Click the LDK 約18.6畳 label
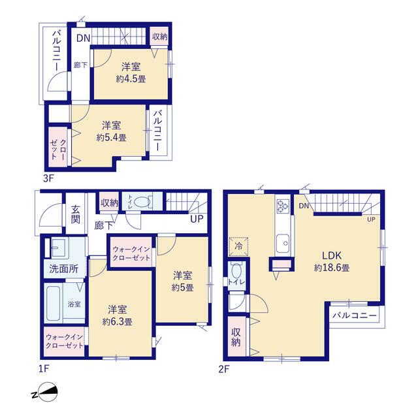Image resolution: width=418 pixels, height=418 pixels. tap(332, 261)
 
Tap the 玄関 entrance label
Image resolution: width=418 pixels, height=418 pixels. tap(76, 214)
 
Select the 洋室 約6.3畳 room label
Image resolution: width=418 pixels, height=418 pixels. tap(118, 315)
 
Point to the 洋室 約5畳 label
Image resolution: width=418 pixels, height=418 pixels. tap(183, 281)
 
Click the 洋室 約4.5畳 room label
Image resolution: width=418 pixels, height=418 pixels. tap(131, 72)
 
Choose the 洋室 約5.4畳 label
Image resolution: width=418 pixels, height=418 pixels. tap(111, 131)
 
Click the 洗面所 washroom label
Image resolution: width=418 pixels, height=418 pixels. tap(64, 269)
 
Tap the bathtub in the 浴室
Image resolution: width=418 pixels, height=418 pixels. tap(54, 302)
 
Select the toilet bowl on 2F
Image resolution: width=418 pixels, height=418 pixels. tap(236, 271)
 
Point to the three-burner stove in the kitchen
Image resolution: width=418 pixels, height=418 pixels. tap(283, 206)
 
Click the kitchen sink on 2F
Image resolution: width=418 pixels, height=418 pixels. tap(283, 243)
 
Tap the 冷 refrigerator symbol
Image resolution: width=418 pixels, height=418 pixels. tap(238, 246)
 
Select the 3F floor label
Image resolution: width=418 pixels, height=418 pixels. tap(49, 178)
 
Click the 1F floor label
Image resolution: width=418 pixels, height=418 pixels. tap(44, 369)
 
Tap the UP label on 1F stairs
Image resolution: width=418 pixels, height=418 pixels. tap(197, 219)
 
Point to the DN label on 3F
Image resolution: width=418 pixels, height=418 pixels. tap(84, 38)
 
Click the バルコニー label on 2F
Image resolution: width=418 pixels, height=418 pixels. tap(355, 315)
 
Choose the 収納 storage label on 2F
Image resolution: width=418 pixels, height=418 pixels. tap(236, 337)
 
